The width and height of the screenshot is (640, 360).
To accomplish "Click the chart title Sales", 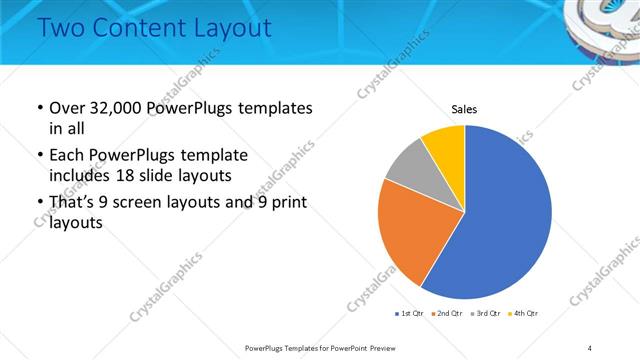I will pyautogui.click(x=465, y=108).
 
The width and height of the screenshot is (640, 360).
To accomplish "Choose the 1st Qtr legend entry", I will pyautogui.click(x=410, y=314).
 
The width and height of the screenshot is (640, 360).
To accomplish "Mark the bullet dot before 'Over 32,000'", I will pyautogui.click(x=39, y=108).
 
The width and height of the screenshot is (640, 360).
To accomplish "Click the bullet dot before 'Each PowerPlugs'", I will pyautogui.click(x=39, y=156).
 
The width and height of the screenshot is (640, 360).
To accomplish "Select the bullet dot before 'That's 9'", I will pyautogui.click(x=39, y=204).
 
